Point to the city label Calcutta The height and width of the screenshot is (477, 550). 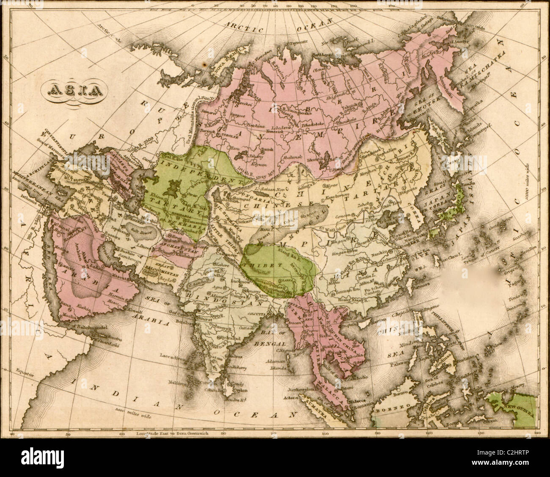pos(251,313)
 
